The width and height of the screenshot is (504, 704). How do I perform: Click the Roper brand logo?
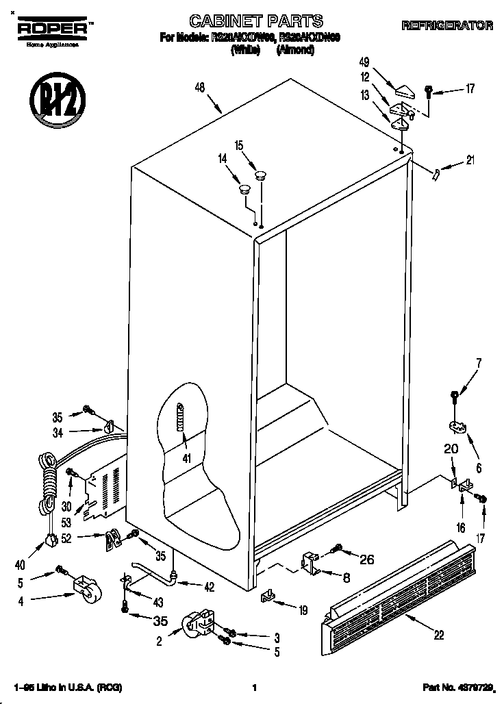tap(52, 28)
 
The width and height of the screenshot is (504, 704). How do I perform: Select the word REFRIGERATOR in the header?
tap(447, 26)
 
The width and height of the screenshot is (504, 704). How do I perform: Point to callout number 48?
tap(201, 87)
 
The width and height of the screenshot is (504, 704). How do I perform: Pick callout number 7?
tap(479, 363)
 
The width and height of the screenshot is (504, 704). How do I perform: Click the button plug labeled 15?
tap(260, 177)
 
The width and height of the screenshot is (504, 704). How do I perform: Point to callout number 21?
tap(470, 161)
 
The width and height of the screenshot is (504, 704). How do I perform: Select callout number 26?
tap(367, 560)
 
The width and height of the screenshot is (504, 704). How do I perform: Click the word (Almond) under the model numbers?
tap(296, 50)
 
